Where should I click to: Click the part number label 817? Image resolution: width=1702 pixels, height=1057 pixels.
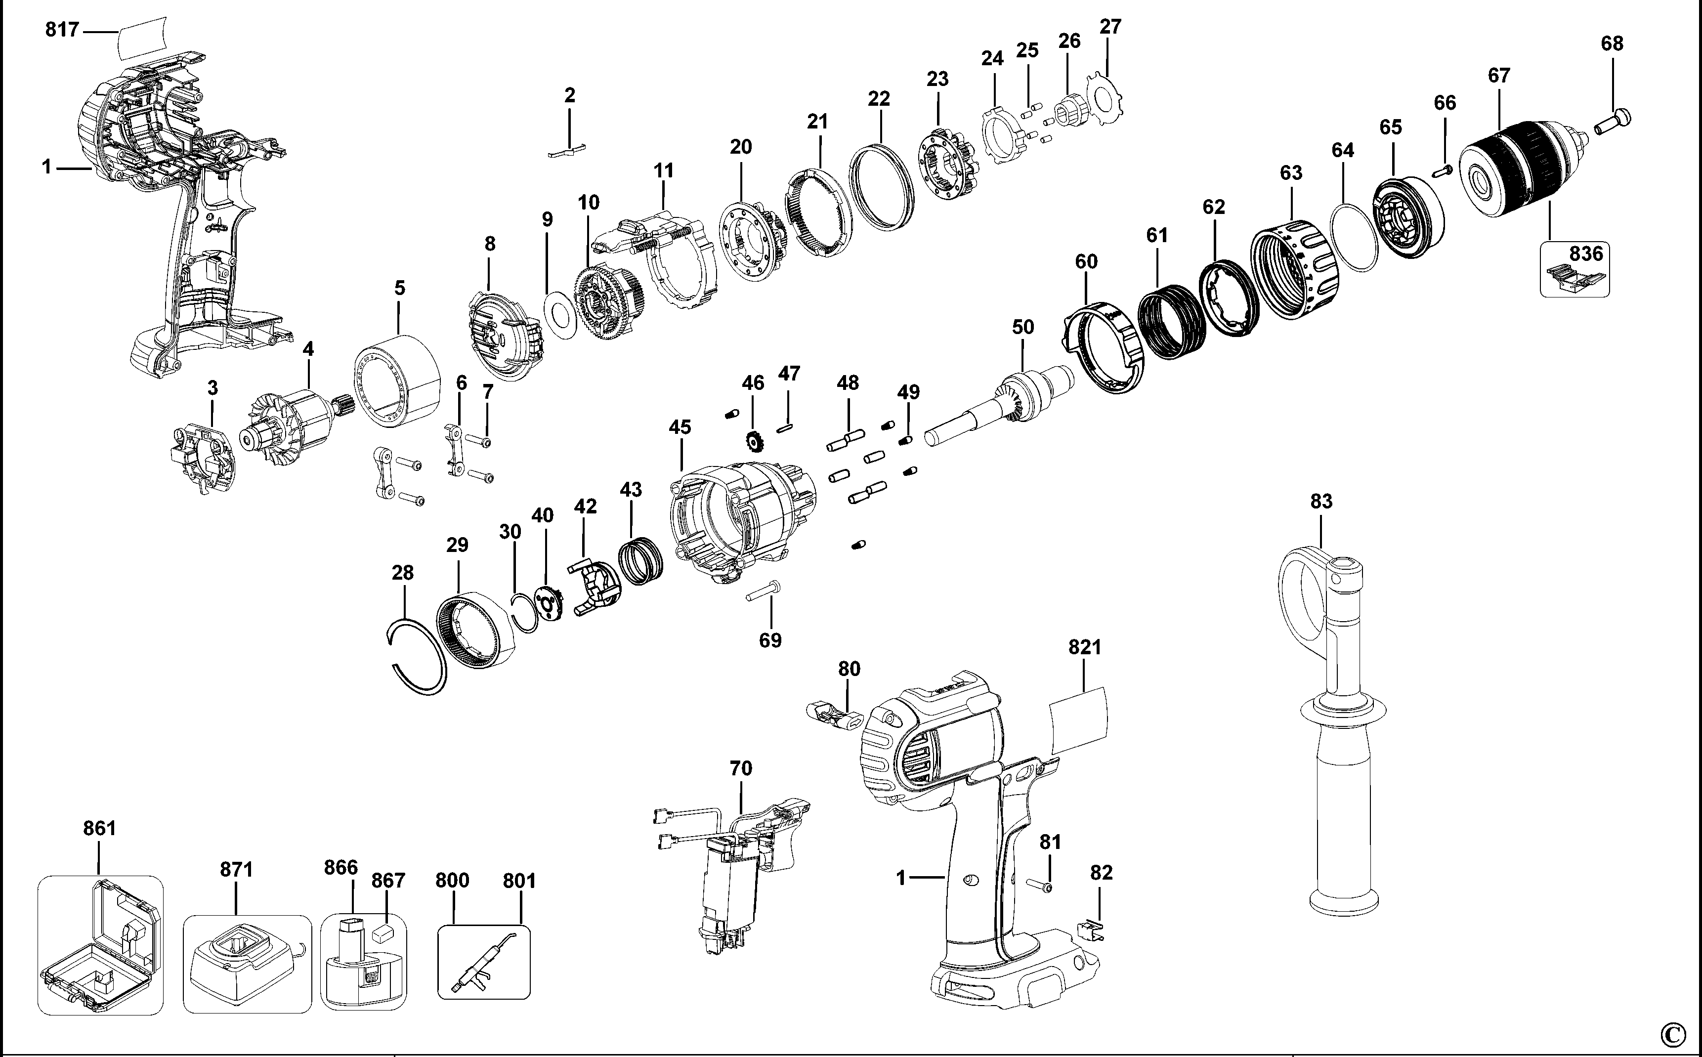(x=61, y=30)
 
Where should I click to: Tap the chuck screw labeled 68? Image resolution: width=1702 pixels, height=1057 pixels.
(x=1614, y=123)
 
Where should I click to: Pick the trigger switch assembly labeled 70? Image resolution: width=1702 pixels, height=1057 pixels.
(x=734, y=881)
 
